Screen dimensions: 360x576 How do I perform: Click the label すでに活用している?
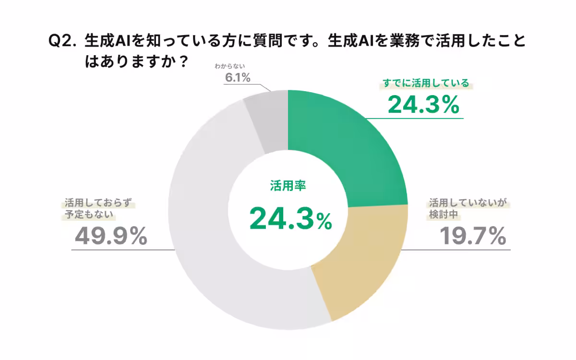point(425,83)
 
